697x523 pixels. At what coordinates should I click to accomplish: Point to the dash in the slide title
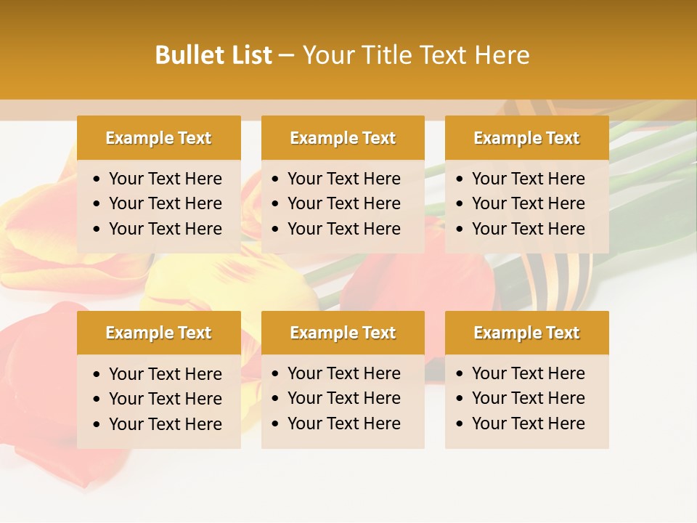pyautogui.click(x=286, y=55)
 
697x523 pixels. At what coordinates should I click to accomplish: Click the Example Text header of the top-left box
pyautogui.click(x=158, y=138)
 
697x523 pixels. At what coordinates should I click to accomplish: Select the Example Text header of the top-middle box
pyautogui.click(x=343, y=138)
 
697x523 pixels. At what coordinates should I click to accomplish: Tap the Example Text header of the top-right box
pyautogui.click(x=526, y=138)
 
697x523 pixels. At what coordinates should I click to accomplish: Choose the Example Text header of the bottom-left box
pyautogui.click(x=158, y=333)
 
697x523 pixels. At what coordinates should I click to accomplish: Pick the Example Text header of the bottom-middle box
pyautogui.click(x=343, y=333)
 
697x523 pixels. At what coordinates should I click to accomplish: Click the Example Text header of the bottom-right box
pyautogui.click(x=526, y=333)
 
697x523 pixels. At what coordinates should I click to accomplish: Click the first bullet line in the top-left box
pyautogui.click(x=165, y=179)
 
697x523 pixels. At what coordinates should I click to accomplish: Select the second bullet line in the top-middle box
pyautogui.click(x=343, y=203)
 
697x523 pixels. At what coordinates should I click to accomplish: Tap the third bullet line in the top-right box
pyautogui.click(x=528, y=229)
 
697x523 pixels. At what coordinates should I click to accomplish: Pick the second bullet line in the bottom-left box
pyautogui.click(x=165, y=399)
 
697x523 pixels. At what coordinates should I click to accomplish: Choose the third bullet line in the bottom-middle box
pyautogui.click(x=343, y=423)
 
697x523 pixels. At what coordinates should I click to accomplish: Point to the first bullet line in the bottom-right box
pyautogui.click(x=528, y=373)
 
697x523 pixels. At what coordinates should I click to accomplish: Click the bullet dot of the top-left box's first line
pyautogui.click(x=97, y=179)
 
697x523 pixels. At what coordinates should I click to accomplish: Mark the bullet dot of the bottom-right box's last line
pyautogui.click(x=460, y=424)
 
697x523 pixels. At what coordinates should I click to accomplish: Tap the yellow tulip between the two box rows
pyautogui.click(x=182, y=287)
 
